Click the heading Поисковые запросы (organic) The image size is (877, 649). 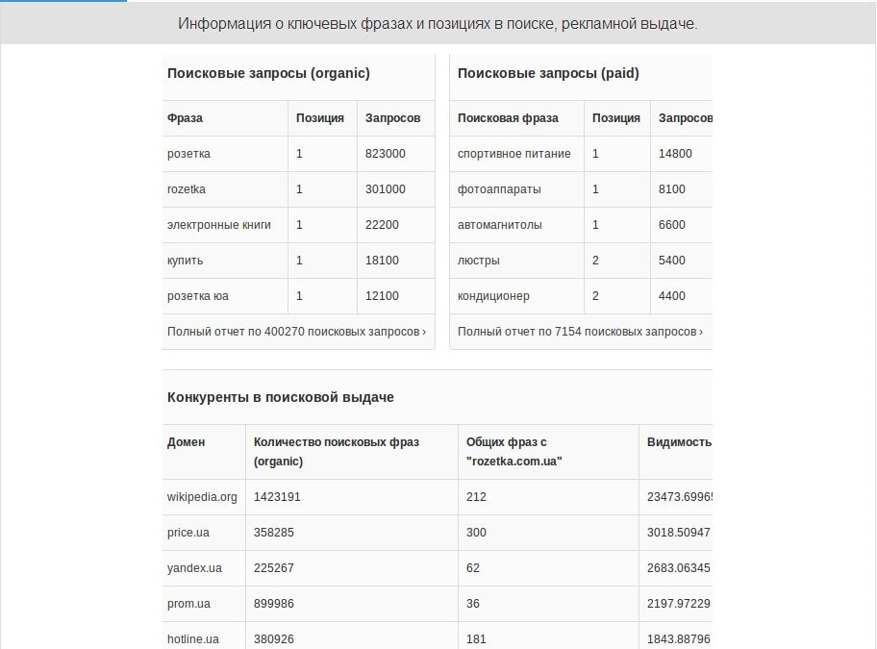(x=268, y=73)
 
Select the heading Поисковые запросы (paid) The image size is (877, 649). (x=548, y=73)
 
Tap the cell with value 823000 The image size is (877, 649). (x=386, y=154)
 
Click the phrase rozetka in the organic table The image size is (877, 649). (x=187, y=189)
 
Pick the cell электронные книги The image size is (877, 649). (x=219, y=225)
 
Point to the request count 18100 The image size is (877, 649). (x=382, y=261)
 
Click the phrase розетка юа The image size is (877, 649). (x=198, y=296)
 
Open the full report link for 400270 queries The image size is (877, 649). (x=296, y=332)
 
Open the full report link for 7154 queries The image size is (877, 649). (x=580, y=332)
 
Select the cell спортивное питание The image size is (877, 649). (x=514, y=154)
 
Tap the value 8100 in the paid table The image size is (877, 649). (x=672, y=189)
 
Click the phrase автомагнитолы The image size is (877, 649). (x=500, y=225)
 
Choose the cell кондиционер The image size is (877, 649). (x=493, y=296)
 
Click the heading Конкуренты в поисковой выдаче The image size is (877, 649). (x=281, y=397)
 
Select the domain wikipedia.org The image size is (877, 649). (x=202, y=497)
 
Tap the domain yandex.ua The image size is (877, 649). (x=194, y=568)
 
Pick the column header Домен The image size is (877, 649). (x=186, y=442)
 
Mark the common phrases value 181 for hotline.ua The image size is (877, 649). (x=476, y=638)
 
